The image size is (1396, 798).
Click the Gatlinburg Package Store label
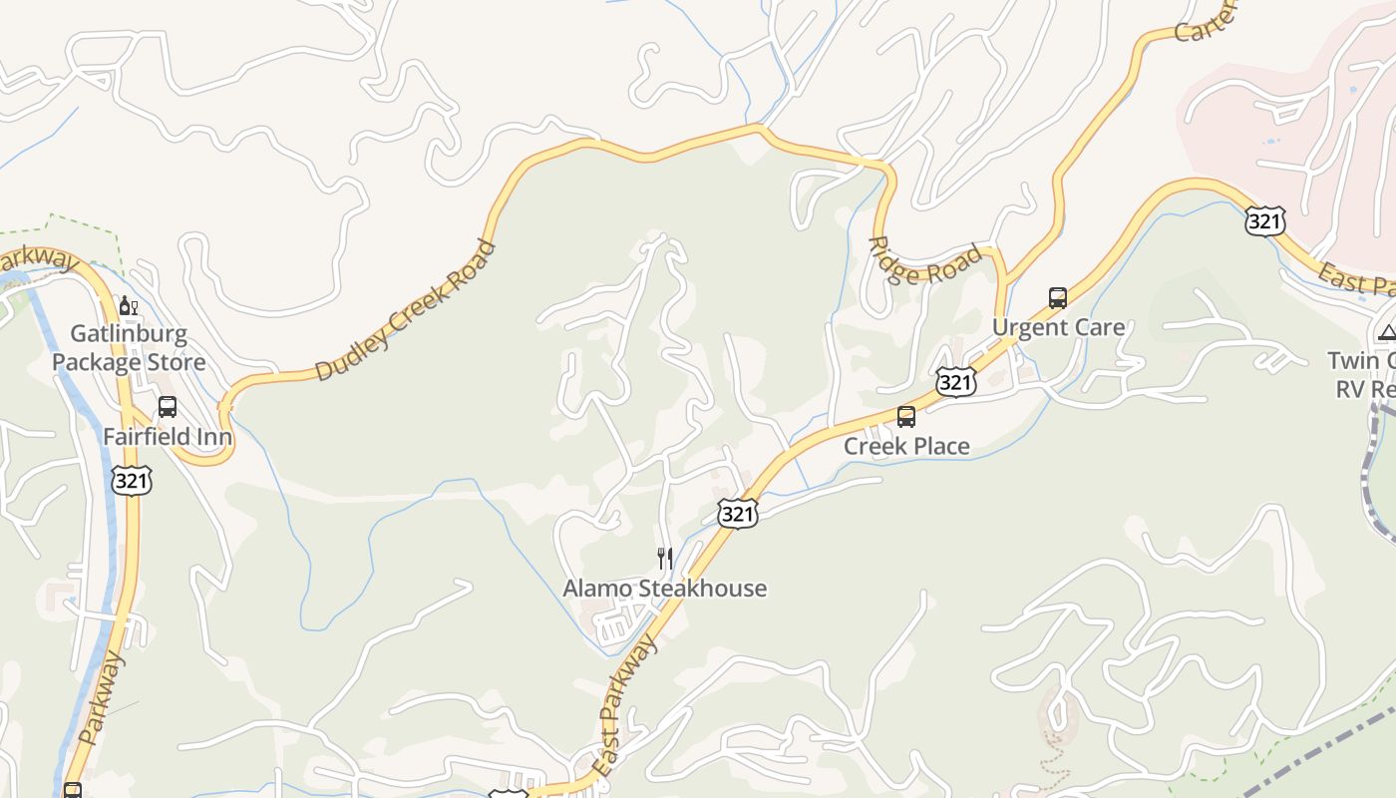tap(129, 347)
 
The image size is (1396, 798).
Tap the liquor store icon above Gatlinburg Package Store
tap(128, 306)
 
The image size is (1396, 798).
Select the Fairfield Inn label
tap(168, 437)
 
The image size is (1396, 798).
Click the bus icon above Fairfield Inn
tap(168, 407)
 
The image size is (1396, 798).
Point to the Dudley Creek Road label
tap(405, 310)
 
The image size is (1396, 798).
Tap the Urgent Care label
tap(1058, 327)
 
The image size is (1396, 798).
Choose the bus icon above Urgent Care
tap(1058, 297)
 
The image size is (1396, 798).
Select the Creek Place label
tap(906, 446)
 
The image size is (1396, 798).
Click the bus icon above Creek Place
tap(906, 417)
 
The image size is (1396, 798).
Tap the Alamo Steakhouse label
tap(665, 589)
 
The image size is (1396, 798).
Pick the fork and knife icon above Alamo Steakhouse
tap(665, 559)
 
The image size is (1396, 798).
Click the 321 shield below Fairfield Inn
tap(132, 482)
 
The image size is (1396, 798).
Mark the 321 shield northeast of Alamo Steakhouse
tap(737, 514)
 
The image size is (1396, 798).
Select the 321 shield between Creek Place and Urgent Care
tap(955, 381)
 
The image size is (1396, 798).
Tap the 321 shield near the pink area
tap(1264, 221)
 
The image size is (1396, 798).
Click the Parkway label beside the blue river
tap(102, 698)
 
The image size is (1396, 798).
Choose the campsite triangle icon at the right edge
tap(1386, 332)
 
